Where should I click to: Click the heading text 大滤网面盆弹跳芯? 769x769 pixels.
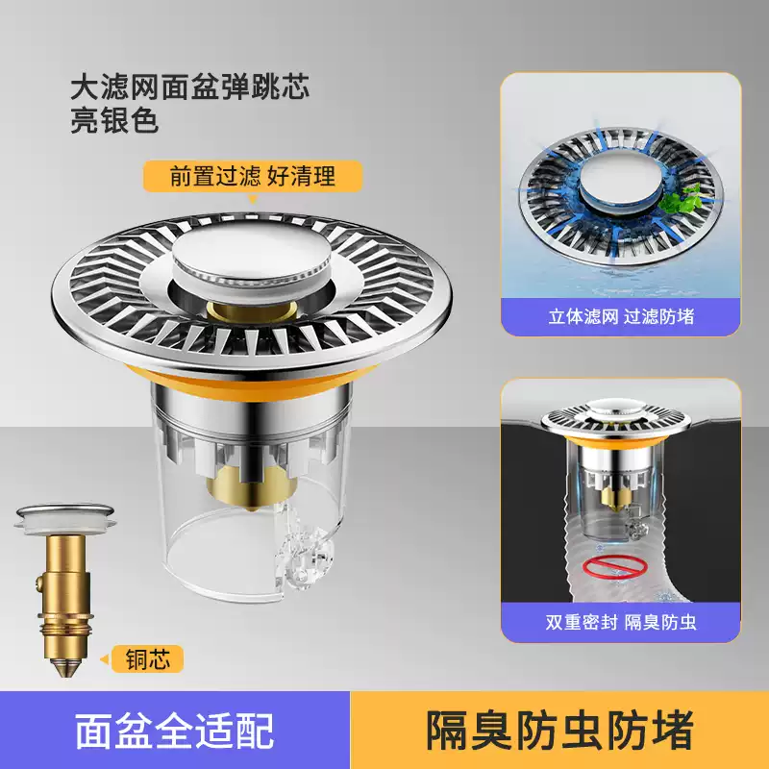pos(190,89)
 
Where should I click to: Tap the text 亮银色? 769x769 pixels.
pos(113,122)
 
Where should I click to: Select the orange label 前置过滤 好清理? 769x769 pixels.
pos(253,177)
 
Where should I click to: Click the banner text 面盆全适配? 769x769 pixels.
pos(174,731)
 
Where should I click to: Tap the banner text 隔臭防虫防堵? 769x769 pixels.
pos(559,731)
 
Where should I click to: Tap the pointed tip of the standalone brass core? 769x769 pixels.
pos(65,663)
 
